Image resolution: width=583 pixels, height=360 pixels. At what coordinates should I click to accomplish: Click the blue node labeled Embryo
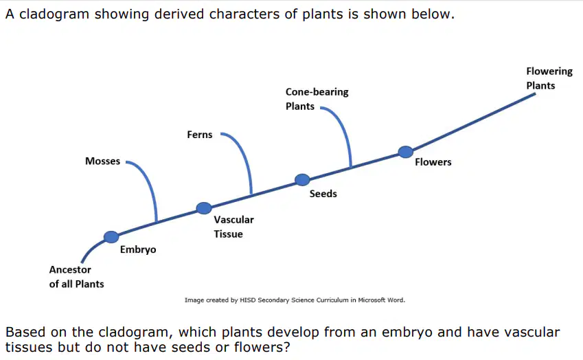click(x=111, y=237)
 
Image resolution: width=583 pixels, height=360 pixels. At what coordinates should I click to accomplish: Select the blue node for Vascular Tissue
click(x=204, y=208)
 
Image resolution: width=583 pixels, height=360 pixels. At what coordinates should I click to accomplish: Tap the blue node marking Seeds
click(x=302, y=179)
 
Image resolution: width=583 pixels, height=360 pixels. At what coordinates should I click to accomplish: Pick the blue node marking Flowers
click(x=406, y=152)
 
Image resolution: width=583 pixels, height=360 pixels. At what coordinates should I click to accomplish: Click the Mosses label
click(x=102, y=161)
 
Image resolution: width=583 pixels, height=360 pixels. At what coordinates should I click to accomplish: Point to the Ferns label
click(x=200, y=135)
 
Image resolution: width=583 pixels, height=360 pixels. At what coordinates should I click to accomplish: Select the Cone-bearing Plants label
click(x=317, y=99)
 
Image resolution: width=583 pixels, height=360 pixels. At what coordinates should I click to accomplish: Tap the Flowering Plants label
click(x=549, y=78)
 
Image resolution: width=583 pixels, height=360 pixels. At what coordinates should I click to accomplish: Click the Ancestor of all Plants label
click(x=77, y=277)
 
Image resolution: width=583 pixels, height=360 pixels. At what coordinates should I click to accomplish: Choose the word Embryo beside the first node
click(x=138, y=249)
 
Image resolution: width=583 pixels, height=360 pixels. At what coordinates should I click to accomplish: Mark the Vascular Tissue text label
click(x=234, y=227)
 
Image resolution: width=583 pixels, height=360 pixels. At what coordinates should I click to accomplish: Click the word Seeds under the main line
click(x=323, y=194)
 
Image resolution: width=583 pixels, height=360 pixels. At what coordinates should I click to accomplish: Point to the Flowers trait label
click(x=433, y=162)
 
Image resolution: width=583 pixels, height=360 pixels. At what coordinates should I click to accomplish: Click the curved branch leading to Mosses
click(x=148, y=181)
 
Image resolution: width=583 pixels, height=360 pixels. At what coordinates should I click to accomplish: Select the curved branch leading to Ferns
click(x=244, y=155)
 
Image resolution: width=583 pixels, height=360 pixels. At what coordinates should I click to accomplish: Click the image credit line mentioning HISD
click(x=295, y=300)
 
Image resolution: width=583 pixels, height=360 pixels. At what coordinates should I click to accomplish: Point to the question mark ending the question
click(x=286, y=347)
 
